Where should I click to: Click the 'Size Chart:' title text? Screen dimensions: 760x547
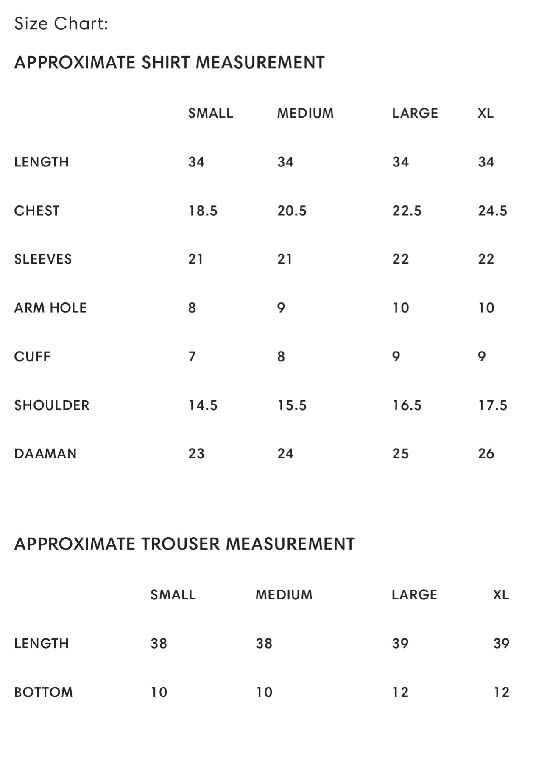[x=61, y=24]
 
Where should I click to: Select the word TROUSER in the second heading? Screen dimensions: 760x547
[x=180, y=544]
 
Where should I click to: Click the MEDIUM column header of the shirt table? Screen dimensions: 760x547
[x=305, y=114]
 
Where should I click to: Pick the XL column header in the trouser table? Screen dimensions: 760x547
[x=501, y=595]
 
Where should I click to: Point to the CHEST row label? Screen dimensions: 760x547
[x=37, y=211]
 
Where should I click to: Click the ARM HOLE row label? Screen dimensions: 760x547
[x=50, y=308]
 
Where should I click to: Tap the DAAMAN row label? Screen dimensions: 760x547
[x=45, y=454]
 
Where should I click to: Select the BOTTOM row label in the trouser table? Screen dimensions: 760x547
[x=43, y=692]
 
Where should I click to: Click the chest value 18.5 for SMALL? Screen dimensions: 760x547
[x=203, y=211]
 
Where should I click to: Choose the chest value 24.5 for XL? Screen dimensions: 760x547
[x=492, y=211]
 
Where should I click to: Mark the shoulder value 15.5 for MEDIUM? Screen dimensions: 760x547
[x=292, y=405]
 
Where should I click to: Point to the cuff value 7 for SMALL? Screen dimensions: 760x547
[x=192, y=357]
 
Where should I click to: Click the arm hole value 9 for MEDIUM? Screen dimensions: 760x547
[x=281, y=308]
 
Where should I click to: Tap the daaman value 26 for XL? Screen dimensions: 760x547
[x=486, y=454]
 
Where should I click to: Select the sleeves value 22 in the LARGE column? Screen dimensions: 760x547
[x=400, y=259]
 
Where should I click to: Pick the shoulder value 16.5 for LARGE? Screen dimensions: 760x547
[x=407, y=405]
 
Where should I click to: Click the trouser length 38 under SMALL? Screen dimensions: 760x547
[x=159, y=644]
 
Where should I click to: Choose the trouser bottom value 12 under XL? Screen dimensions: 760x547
[x=501, y=692]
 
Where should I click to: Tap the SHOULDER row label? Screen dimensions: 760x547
[x=52, y=405]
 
